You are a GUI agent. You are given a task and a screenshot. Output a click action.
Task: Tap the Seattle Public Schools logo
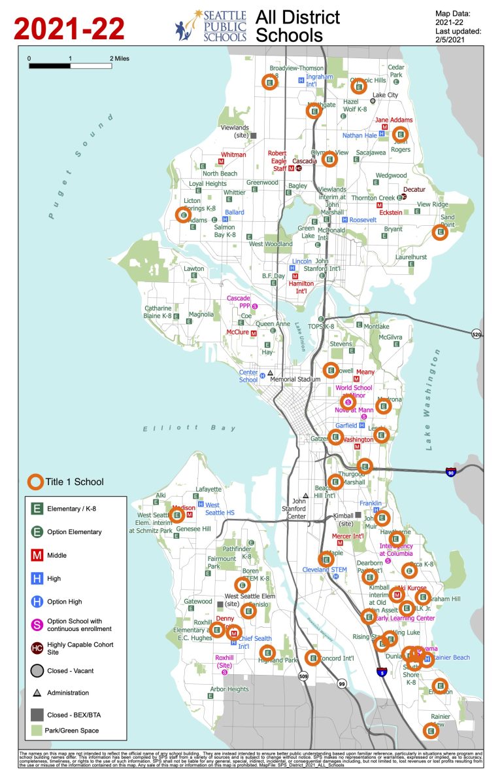(210, 26)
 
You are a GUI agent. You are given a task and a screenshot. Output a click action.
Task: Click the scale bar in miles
(70, 65)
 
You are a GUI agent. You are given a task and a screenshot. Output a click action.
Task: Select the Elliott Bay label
(190, 429)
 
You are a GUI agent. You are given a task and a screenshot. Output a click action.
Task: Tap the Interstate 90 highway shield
(451, 471)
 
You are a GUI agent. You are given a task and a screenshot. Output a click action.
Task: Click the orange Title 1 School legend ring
(35, 482)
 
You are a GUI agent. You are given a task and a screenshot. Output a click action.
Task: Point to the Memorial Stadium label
(295, 379)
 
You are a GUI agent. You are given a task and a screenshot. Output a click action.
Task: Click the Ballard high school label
(234, 212)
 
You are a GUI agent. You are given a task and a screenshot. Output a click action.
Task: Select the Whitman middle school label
(233, 154)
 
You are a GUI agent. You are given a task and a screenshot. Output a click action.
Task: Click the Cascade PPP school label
(239, 302)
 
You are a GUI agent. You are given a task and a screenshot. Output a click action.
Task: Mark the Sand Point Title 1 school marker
(441, 231)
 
